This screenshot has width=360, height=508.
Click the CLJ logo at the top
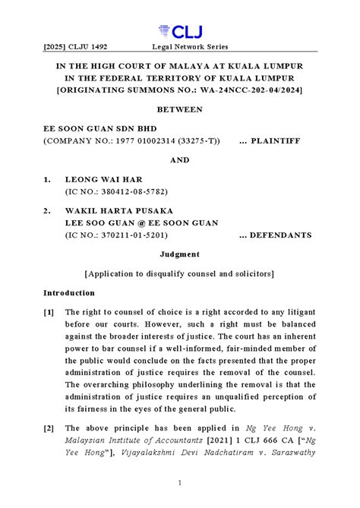point(179,32)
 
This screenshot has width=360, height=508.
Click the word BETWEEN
point(179,109)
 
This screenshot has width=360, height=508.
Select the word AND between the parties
point(179,161)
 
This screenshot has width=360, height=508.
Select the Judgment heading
point(179,254)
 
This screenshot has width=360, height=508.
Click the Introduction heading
point(74,292)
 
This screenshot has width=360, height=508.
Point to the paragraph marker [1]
point(49,312)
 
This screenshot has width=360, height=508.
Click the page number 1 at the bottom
point(180,482)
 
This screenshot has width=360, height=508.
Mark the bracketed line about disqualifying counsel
point(179,273)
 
